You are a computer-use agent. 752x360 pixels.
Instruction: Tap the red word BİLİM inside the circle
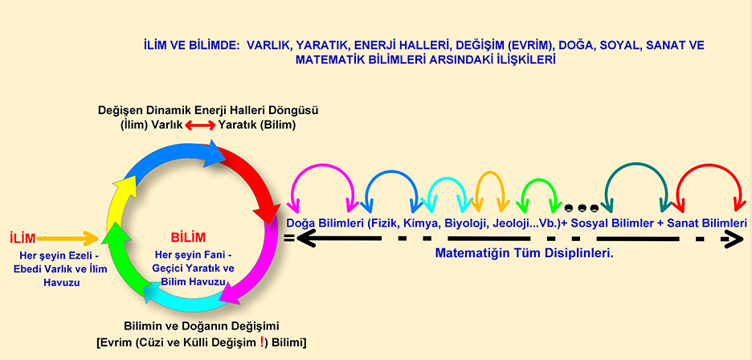click(x=188, y=237)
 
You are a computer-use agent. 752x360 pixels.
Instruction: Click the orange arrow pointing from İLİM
click(x=67, y=238)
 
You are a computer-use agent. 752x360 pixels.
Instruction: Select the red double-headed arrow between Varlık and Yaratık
click(x=201, y=126)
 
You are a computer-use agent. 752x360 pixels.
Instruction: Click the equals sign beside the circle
click(x=289, y=237)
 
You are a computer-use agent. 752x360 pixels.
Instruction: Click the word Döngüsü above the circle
click(x=297, y=110)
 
